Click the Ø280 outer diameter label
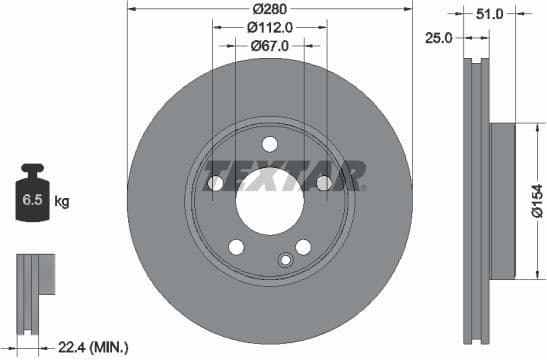pos(270,9)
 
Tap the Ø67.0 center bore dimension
pos(270,45)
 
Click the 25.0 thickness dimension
pos(439,37)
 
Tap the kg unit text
pos(62,202)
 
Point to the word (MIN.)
pos(110,347)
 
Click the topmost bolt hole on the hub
pos(270,143)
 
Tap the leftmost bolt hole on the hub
pos(215,183)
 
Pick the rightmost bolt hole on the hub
pos(324,183)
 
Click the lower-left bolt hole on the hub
pos(236,247)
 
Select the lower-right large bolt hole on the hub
pos(303,247)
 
